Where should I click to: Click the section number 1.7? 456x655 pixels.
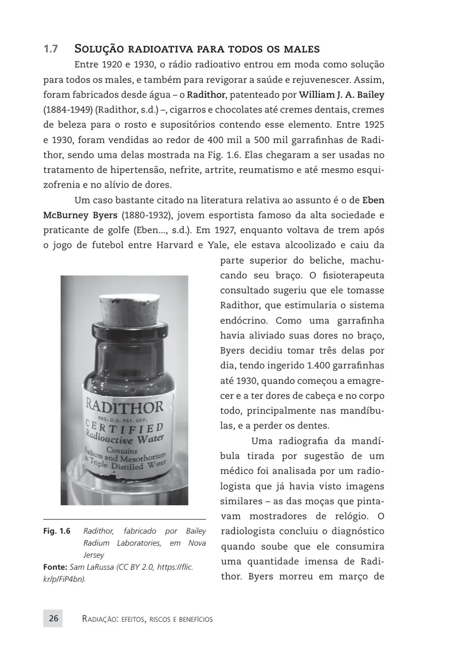click(51, 50)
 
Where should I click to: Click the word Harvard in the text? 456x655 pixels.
click(175, 244)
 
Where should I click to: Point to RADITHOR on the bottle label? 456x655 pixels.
click(123, 406)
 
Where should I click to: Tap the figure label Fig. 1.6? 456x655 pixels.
click(56, 531)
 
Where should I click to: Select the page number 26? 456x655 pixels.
click(53, 618)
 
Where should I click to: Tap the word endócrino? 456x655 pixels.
click(244, 320)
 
